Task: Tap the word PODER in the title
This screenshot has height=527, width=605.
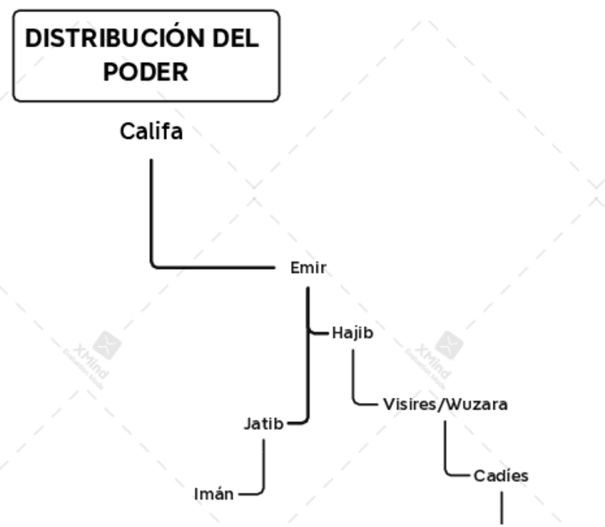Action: tap(146, 72)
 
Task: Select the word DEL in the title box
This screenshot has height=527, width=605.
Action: tap(235, 39)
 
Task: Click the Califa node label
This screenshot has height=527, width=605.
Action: tap(151, 132)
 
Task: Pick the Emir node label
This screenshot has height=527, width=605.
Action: tap(308, 268)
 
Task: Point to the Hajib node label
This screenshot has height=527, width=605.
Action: tap(352, 333)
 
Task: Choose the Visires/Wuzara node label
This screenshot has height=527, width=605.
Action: tap(445, 404)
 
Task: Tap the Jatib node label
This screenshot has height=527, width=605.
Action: tap(263, 424)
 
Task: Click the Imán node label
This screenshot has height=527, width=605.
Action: tap(214, 494)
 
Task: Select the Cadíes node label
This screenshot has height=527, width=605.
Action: tap(501, 476)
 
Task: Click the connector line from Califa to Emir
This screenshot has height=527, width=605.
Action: tap(151, 228)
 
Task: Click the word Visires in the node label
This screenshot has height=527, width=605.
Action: tap(410, 404)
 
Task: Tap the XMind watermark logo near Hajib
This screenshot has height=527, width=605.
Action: tap(449, 345)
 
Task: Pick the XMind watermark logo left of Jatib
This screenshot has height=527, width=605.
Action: tap(106, 345)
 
